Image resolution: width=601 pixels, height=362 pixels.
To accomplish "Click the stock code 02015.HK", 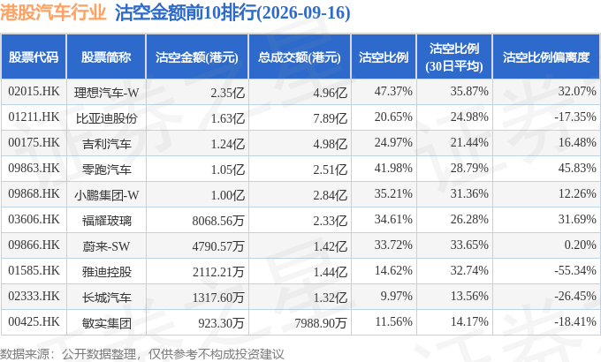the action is point(34,92).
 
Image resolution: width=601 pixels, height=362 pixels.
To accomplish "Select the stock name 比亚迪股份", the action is point(107,118).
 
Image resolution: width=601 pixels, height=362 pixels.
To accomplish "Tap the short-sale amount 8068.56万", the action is point(218,221).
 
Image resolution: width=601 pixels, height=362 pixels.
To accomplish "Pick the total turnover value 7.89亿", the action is point(330,118).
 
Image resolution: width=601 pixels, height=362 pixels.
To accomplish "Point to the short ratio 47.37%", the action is point(393,92).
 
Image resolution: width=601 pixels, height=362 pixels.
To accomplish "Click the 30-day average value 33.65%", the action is point(469,245).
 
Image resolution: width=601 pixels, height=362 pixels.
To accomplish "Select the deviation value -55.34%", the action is point(575,270).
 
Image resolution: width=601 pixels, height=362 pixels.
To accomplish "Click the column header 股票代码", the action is point(34,57).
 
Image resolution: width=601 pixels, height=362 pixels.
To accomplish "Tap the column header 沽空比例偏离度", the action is point(546,57).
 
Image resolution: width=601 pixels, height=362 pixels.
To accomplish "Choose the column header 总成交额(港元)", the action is point(300,57).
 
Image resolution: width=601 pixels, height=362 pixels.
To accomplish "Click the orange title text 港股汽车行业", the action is point(53,12).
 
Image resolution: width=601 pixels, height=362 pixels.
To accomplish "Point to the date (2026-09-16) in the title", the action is point(303,13).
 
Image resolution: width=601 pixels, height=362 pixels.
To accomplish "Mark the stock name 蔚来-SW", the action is point(106,246).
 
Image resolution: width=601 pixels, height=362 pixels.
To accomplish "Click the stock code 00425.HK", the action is point(34,321).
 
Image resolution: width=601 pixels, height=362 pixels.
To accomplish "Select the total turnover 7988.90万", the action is point(321,323).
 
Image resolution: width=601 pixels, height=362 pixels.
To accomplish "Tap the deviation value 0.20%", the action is point(581,245).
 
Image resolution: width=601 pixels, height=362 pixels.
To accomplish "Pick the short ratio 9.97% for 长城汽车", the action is point(396,296).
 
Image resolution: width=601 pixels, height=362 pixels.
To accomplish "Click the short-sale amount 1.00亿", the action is point(228,195).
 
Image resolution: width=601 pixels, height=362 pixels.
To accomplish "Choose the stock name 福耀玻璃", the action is point(107,221).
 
